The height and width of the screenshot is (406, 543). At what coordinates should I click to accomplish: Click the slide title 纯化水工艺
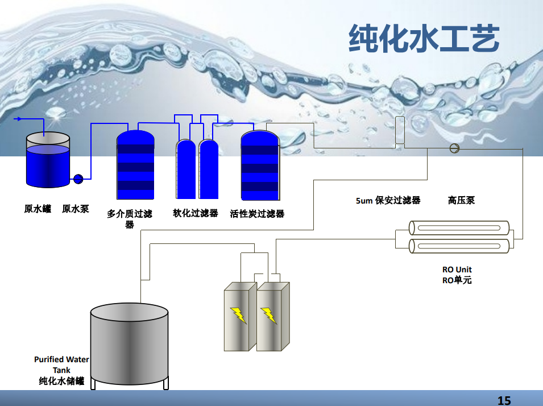(424, 39)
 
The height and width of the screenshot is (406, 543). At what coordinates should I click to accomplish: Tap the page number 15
(504, 400)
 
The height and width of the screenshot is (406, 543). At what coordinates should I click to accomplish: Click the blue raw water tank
(48, 162)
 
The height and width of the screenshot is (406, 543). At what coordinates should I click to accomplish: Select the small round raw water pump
(78, 179)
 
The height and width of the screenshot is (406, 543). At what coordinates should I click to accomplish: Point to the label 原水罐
(38, 209)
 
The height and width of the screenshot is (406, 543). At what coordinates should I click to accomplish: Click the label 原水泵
(76, 209)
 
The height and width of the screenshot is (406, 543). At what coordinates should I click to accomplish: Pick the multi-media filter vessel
(135, 165)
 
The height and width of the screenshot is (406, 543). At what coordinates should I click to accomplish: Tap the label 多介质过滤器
(130, 219)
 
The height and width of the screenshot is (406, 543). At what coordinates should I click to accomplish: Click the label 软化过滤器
(196, 213)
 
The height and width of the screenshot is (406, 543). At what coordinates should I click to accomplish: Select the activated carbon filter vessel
(260, 165)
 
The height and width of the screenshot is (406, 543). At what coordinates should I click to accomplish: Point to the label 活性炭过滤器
(257, 214)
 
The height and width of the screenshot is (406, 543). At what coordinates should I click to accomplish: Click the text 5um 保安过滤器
(388, 200)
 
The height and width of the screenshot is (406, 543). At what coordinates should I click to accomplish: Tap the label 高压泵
(461, 200)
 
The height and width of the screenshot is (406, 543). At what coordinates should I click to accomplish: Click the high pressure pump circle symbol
(454, 148)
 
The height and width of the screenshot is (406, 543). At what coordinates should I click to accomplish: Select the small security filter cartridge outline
(400, 130)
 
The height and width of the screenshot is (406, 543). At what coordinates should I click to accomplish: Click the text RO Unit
(457, 270)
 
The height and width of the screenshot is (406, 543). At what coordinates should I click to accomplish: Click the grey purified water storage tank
(130, 344)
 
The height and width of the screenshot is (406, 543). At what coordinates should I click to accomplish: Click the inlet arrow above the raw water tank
(19, 119)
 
